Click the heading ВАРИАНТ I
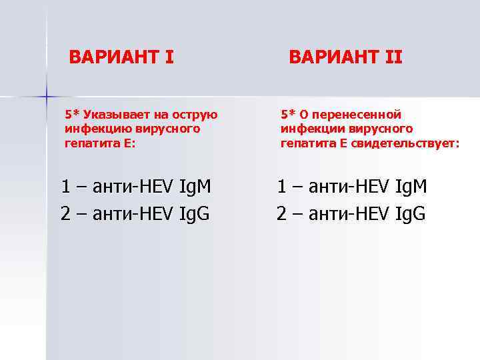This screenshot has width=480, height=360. (x=121, y=57)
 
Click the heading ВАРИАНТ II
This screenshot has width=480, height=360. (x=345, y=57)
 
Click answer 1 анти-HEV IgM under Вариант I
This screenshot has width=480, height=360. (x=135, y=187)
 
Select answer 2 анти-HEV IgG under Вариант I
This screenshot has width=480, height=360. (x=135, y=214)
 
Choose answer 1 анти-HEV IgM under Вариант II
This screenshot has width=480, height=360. (x=352, y=187)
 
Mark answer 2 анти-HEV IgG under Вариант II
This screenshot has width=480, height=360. (x=352, y=214)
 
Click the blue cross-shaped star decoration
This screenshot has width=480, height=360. (x=47, y=97)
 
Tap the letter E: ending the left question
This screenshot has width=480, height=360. (x=129, y=142)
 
